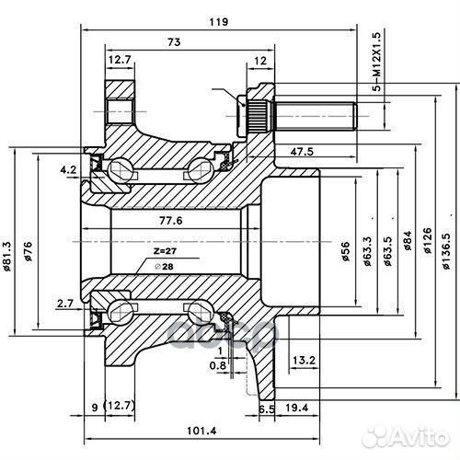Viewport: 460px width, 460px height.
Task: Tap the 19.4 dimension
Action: coord(295,407)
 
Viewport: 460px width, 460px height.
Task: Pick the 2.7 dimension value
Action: coord(64,303)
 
